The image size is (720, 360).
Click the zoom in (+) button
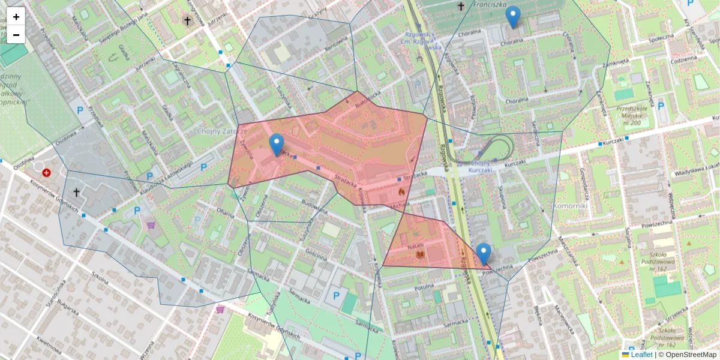[x=16, y=17]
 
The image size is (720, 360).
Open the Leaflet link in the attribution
[x=641, y=355]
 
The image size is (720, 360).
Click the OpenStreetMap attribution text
[x=691, y=355]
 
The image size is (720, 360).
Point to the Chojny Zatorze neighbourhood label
[x=222, y=131]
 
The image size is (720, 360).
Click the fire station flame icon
[x=401, y=191]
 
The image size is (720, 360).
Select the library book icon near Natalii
[x=420, y=256]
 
